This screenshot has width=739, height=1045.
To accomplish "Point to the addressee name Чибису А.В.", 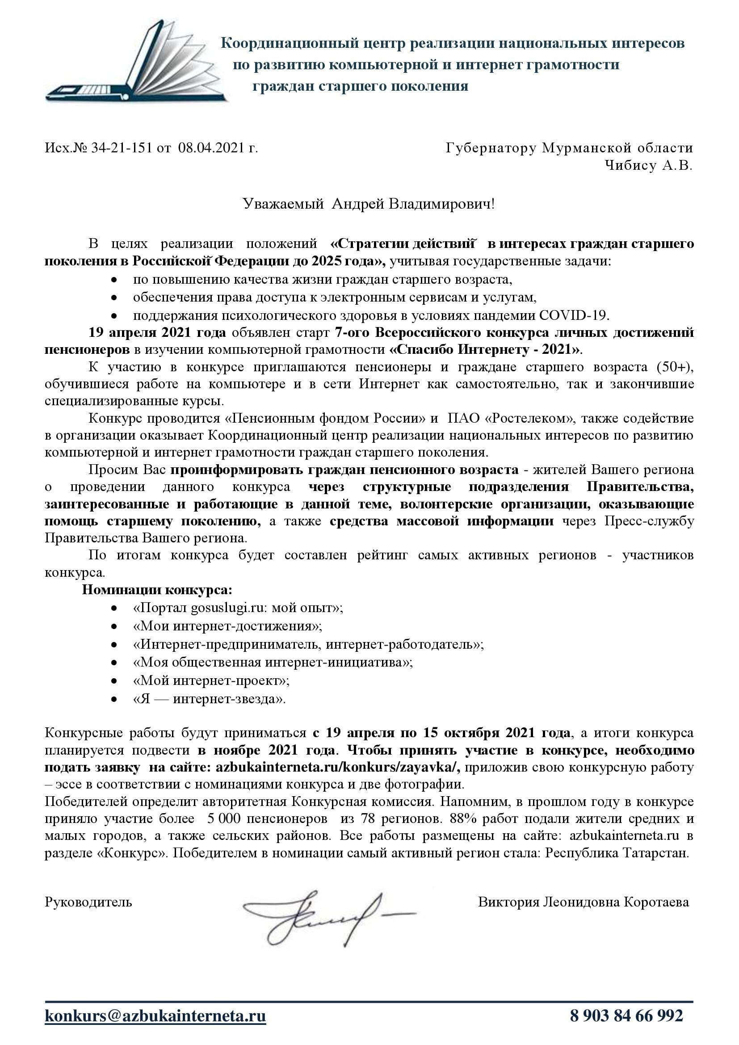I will click(x=648, y=165).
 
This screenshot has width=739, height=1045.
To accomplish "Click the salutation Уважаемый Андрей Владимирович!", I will click(x=369, y=204).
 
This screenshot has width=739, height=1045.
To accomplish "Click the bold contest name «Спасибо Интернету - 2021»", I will click(x=486, y=349).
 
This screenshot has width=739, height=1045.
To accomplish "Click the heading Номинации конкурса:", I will click(x=157, y=590).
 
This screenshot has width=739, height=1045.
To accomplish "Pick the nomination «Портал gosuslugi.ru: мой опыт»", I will click(x=238, y=608).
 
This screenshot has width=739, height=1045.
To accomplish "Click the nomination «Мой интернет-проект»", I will click(x=211, y=680).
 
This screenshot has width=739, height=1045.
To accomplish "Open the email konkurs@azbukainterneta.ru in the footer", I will click(x=155, y=1016).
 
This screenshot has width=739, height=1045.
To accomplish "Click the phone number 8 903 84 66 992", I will click(x=626, y=1016).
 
